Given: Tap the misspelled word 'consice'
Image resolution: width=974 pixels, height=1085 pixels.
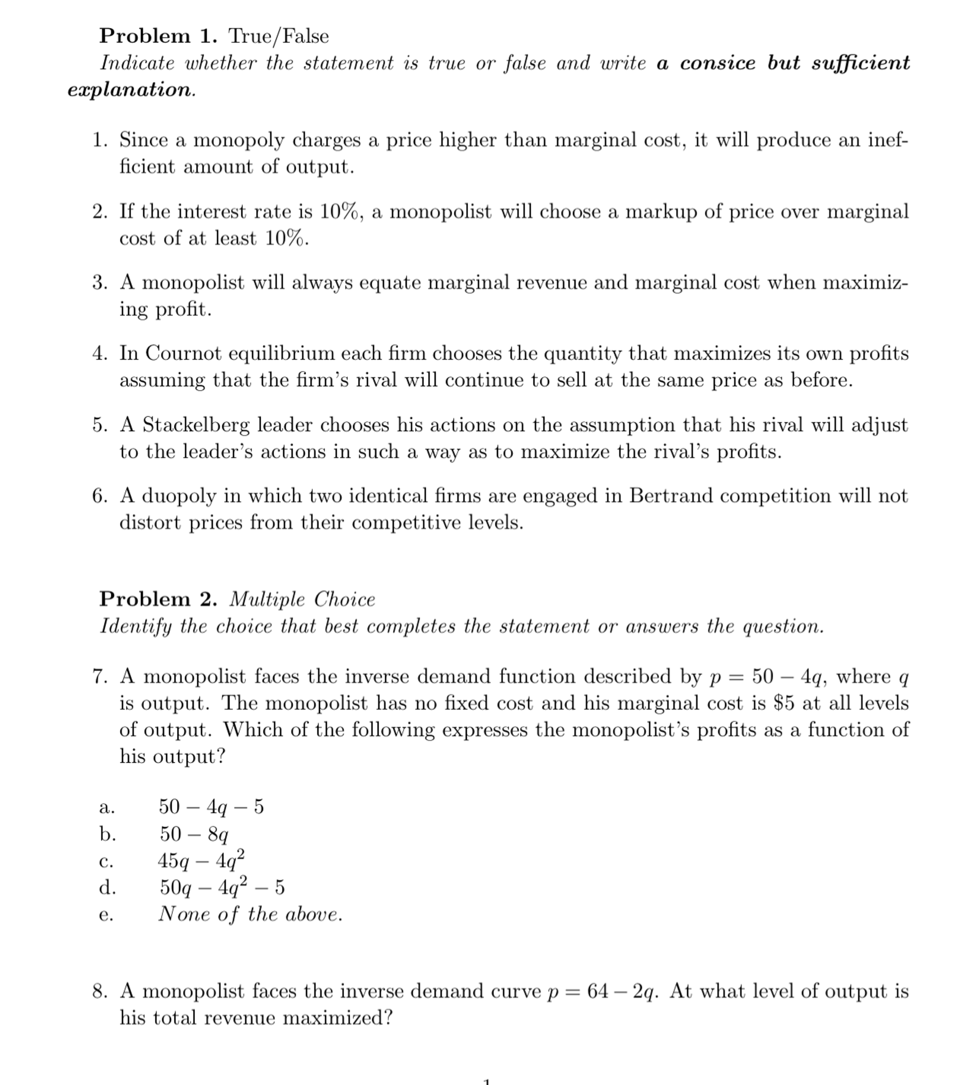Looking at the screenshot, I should click(x=718, y=63).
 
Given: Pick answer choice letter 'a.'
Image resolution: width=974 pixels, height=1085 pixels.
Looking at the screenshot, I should click(x=107, y=807).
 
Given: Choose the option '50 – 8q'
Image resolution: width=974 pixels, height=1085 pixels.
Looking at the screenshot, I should click(x=194, y=834).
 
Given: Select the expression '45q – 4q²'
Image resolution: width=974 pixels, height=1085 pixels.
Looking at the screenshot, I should click(x=201, y=860).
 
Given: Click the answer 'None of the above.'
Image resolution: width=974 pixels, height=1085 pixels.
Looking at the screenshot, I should click(x=250, y=914).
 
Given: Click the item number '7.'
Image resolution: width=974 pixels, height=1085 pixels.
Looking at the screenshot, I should click(x=100, y=677).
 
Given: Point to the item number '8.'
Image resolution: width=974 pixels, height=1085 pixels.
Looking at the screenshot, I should click(x=100, y=991).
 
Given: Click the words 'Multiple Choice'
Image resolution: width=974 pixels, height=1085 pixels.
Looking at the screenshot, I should click(x=302, y=600).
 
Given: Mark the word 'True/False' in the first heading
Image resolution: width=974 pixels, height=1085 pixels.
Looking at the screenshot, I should click(x=278, y=37).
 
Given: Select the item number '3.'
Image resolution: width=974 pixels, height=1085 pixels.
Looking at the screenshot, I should click(x=100, y=283).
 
